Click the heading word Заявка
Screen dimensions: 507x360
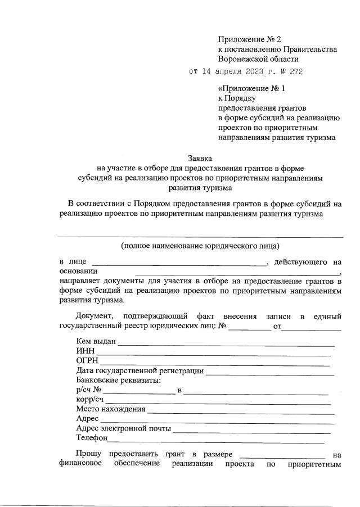pyautogui.click(x=201, y=159)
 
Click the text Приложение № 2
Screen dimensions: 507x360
pyautogui.click(x=249, y=39)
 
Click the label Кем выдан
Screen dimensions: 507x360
pyautogui.click(x=96, y=341)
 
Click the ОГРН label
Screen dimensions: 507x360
pyautogui.click(x=87, y=360)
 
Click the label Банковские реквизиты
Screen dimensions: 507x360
pyautogui.click(x=118, y=380)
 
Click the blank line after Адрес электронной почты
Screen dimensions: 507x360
pyautogui.click(x=252, y=431)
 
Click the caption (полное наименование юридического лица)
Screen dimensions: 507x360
pyautogui.click(x=200, y=246)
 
